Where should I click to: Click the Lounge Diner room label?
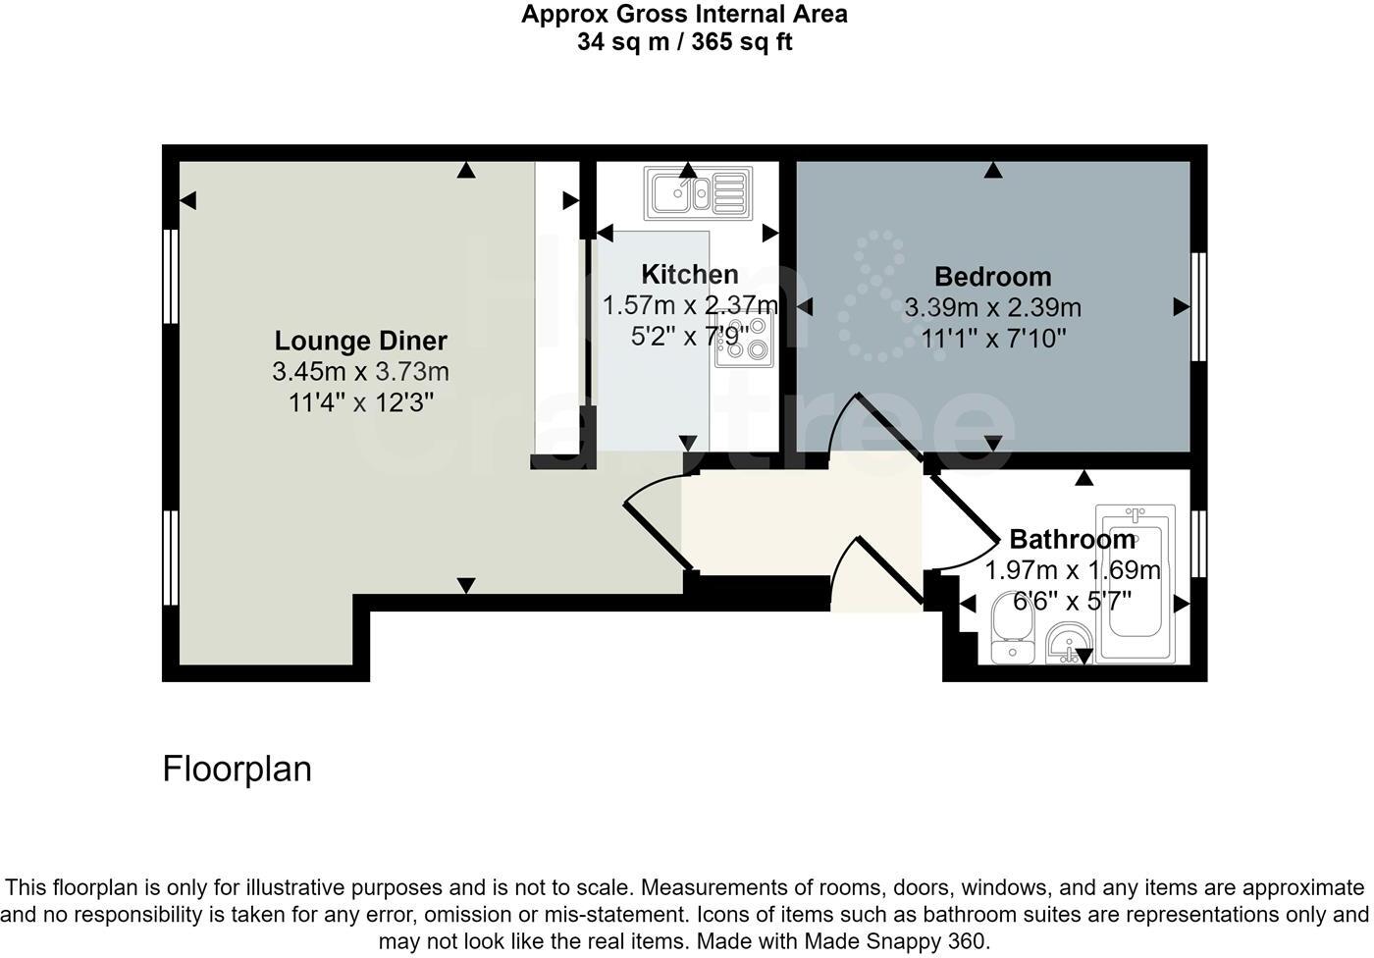(360, 341)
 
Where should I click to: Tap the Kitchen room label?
(690, 274)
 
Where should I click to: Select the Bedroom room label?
(992, 276)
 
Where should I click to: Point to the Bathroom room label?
(1072, 539)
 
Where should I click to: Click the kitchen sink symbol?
(697, 192)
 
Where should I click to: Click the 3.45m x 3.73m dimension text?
(360, 372)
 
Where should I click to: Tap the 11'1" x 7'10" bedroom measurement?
(992, 339)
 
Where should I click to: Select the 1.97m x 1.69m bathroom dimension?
(1072, 569)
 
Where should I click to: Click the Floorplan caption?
(237, 769)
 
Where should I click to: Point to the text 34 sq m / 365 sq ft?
(684, 42)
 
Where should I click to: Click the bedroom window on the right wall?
(1198, 307)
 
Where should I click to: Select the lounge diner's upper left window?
(171, 276)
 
